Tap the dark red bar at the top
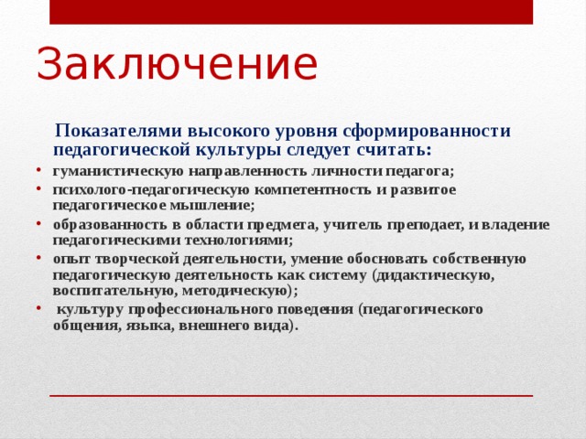[x=291, y=12]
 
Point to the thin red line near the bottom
[x=291, y=396]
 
